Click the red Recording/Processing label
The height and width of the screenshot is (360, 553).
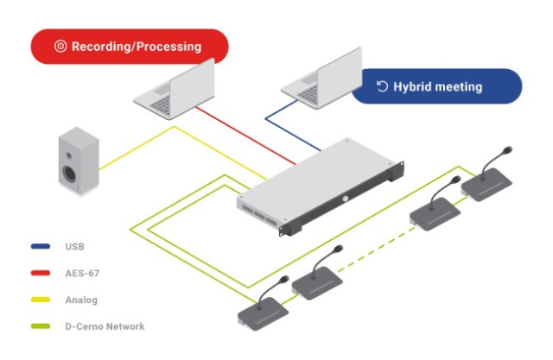(130, 47)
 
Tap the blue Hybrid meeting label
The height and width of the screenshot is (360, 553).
(436, 86)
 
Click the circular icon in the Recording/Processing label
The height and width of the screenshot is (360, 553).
(60, 47)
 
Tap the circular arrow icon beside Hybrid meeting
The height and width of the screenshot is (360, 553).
(382, 86)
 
